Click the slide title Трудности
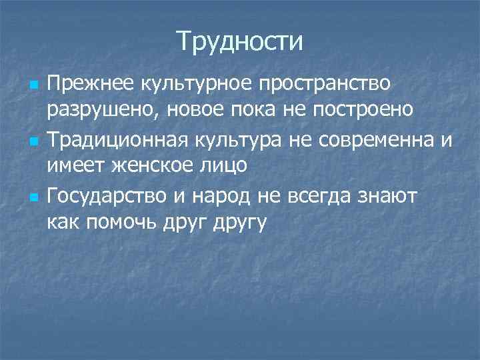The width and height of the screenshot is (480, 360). point(240,42)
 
